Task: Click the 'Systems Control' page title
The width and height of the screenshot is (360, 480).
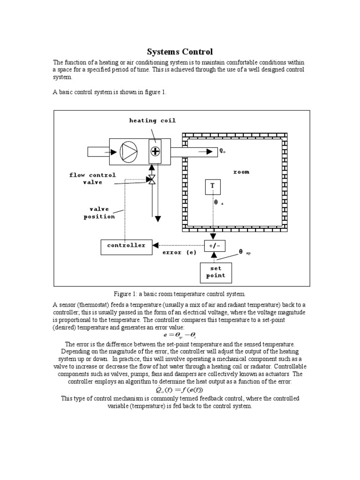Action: click(180, 52)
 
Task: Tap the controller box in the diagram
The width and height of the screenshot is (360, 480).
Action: click(127, 246)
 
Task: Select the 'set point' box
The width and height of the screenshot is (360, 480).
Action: click(216, 272)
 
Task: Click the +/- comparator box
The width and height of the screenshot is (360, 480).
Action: click(213, 246)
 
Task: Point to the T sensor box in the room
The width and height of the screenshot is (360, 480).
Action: click(212, 187)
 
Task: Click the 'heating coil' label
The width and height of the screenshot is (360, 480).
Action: click(152, 120)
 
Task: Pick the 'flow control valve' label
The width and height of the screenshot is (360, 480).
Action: click(92, 179)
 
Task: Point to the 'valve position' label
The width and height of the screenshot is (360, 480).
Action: click(99, 213)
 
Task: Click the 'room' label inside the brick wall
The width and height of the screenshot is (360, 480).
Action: click(241, 172)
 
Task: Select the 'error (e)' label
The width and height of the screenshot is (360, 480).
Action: click(180, 252)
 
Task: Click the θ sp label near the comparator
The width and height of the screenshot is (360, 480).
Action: click(244, 252)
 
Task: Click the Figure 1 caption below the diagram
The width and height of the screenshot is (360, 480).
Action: click(180, 294)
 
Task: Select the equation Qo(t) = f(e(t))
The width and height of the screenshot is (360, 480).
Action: click(180, 390)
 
